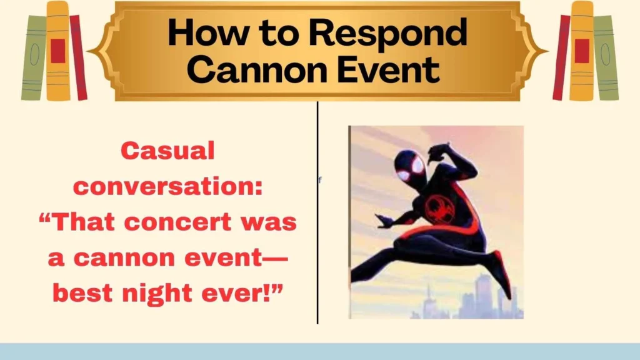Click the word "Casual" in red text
(167, 151)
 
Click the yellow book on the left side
(57, 51)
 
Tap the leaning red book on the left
(78, 57)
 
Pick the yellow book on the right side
(581, 51)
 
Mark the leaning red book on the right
(561, 57)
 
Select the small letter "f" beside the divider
(320, 180)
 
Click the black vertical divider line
(317, 250)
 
